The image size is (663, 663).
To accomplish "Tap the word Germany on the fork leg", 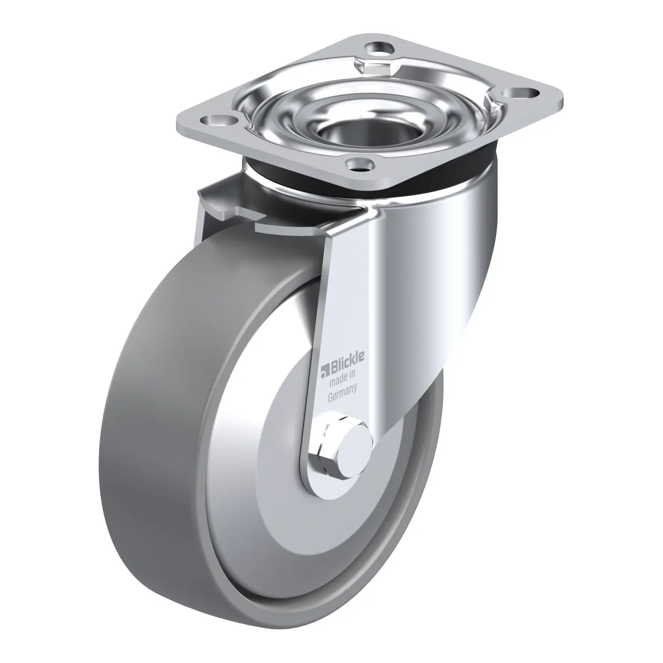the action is (x=341, y=395).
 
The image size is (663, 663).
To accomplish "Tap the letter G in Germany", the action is (x=330, y=398).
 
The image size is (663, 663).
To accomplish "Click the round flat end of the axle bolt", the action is (x=356, y=443).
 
